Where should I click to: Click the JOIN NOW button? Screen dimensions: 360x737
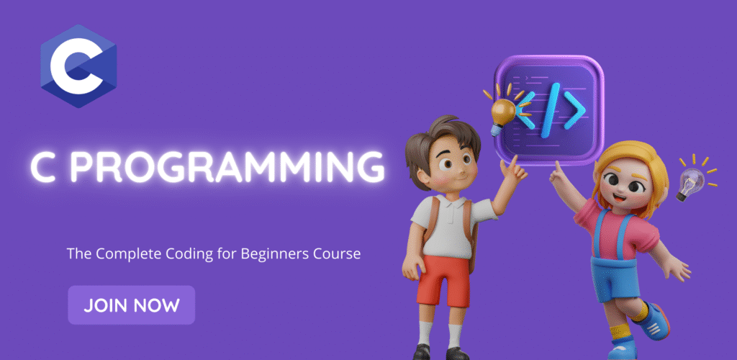(132, 305)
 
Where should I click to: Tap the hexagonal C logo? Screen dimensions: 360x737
(78, 66)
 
